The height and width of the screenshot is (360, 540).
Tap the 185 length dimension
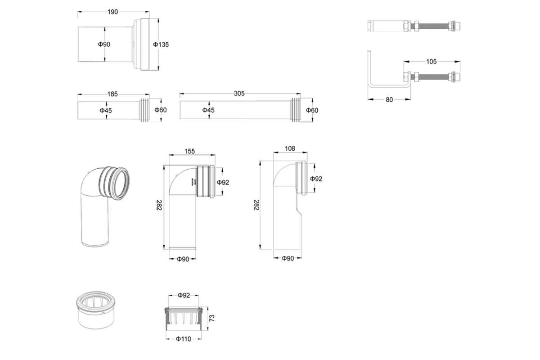point(112,94)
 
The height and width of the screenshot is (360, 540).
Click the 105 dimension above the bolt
point(431,62)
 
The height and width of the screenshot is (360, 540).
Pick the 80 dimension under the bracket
point(389,99)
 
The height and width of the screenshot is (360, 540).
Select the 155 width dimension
point(189,151)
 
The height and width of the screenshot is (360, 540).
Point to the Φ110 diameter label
point(182,338)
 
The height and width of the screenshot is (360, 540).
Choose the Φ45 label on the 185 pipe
point(106,110)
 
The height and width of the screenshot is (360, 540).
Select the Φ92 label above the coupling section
point(184,295)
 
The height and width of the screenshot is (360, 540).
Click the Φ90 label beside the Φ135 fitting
point(104,44)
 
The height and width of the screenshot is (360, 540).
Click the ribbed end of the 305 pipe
point(295,110)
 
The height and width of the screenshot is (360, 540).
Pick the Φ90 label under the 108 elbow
point(288,258)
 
